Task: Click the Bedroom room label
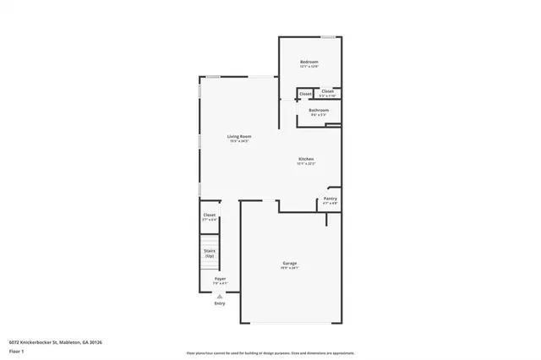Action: pyautogui.click(x=309, y=63)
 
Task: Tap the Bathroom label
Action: pyautogui.click(x=319, y=110)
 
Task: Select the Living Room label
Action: pyautogui.click(x=239, y=136)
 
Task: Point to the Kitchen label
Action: pyautogui.click(x=306, y=159)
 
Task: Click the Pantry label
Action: pyautogui.click(x=330, y=199)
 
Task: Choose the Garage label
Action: pyautogui.click(x=290, y=264)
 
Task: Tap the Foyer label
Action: pyautogui.click(x=219, y=278)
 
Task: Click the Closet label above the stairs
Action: pyautogui.click(x=210, y=215)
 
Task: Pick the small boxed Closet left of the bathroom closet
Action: pyautogui.click(x=305, y=94)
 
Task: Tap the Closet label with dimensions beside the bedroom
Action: pyautogui.click(x=327, y=92)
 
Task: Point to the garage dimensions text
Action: pyautogui.click(x=290, y=268)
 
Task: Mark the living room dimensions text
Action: pyautogui.click(x=239, y=141)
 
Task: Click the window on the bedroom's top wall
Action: pyautogui.click(x=326, y=37)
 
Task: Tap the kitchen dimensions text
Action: pyautogui.click(x=306, y=164)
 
